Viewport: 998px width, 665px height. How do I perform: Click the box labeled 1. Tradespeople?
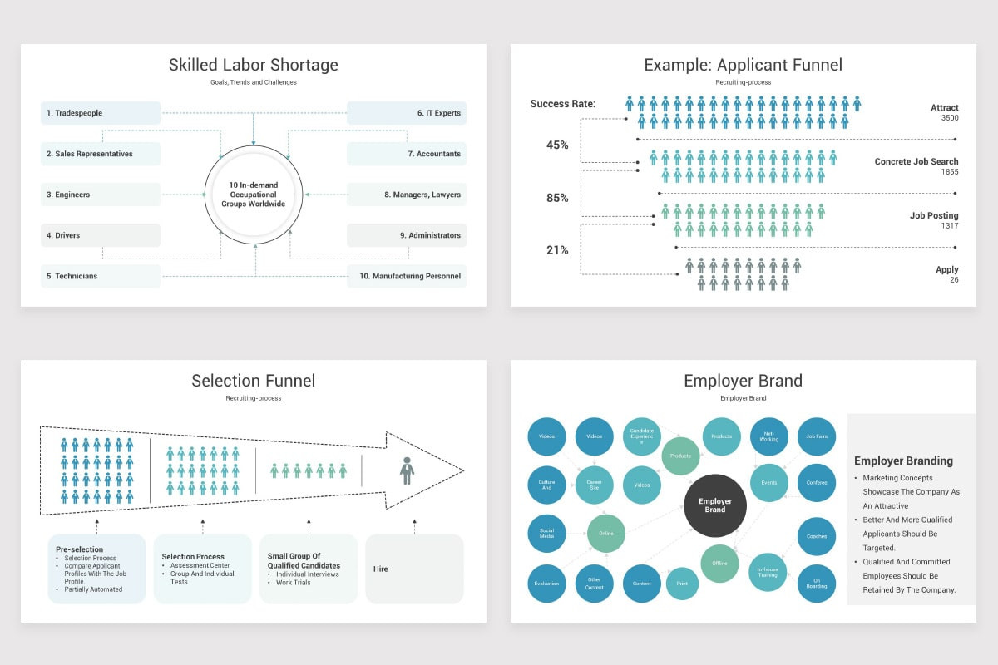[100, 113]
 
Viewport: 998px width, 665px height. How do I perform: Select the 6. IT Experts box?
[406, 113]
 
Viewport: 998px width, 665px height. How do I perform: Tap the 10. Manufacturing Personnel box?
[406, 276]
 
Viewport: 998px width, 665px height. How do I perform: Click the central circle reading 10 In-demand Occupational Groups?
[254, 195]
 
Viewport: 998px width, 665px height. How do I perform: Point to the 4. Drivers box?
[100, 235]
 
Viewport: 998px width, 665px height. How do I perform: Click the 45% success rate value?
[557, 145]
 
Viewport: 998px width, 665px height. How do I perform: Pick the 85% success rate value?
[557, 198]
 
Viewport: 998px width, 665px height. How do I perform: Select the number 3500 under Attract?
[949, 118]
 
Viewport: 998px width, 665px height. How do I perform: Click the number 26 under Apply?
[953, 279]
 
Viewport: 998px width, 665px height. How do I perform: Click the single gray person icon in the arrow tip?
[407, 470]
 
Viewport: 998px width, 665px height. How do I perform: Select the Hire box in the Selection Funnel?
[414, 569]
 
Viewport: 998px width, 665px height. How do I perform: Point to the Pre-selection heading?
[80, 549]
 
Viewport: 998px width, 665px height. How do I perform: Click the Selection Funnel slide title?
[254, 381]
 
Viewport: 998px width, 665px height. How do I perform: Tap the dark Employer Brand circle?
[715, 505]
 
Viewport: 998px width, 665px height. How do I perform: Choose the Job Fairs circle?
[817, 436]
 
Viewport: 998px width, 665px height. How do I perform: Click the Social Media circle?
[546, 534]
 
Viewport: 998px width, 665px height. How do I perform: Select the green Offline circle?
[719, 563]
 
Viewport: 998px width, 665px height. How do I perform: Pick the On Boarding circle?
[817, 584]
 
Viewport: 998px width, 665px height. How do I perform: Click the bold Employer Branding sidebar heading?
[903, 461]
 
